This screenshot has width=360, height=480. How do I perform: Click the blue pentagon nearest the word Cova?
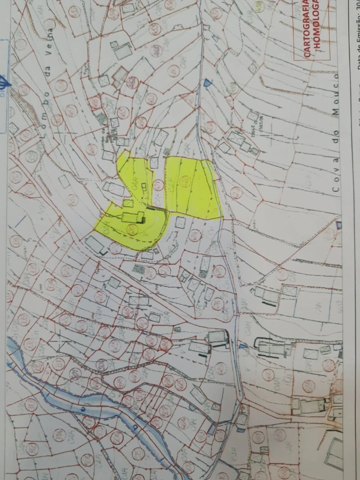click(x=339, y=225)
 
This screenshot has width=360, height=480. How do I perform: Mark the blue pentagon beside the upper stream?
click(x=207, y=82)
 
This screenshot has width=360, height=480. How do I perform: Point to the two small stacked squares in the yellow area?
click(x=144, y=187)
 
